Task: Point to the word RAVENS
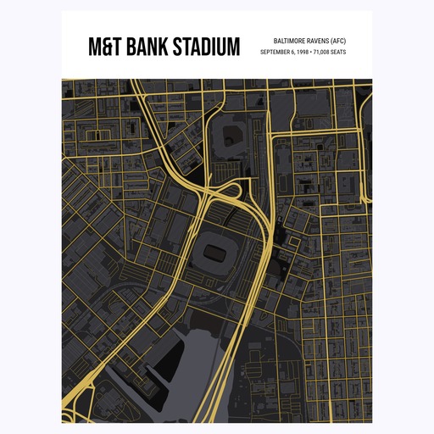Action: [x=320, y=40]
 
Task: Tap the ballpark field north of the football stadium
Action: [x=228, y=135]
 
